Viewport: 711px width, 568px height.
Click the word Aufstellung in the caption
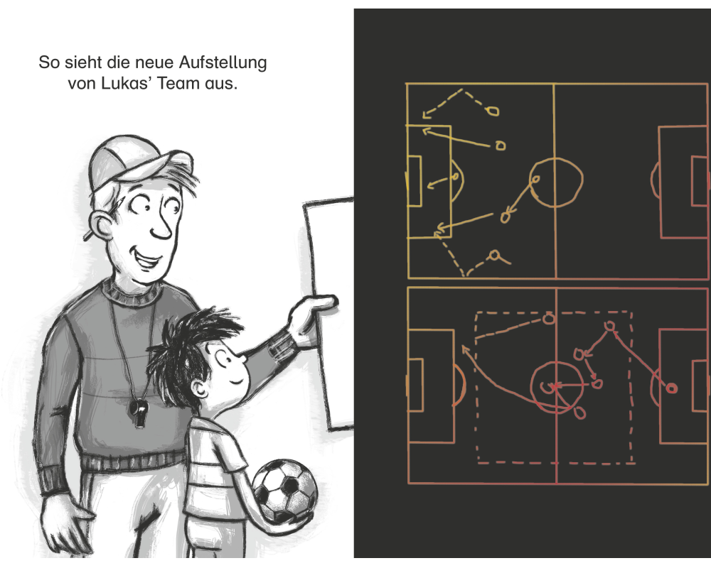(223, 63)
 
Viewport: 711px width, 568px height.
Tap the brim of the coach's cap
(172, 163)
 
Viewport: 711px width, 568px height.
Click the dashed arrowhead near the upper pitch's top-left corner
(426, 114)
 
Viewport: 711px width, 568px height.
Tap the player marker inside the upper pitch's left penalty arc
(455, 177)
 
